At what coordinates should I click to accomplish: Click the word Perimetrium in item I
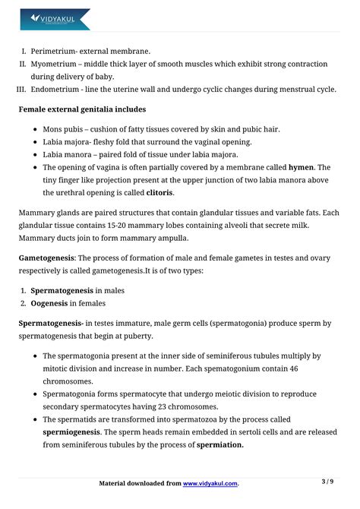55,51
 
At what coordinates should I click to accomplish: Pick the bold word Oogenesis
49,303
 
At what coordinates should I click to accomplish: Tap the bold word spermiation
220,445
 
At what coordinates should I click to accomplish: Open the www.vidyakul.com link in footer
210,483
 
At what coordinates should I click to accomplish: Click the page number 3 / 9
327,482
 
